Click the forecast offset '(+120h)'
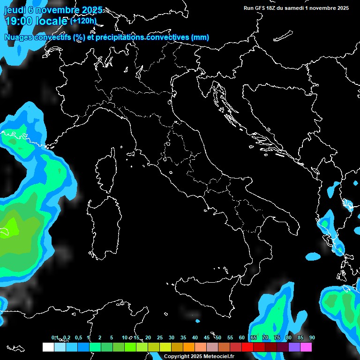(83, 21)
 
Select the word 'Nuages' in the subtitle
(19, 37)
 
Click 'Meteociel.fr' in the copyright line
(217, 357)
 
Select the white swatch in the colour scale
(48, 347)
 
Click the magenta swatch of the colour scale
(306, 347)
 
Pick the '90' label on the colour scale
(312, 338)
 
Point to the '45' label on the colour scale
(207, 338)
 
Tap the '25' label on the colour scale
(160, 338)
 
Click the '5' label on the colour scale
(112, 338)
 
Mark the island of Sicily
(206, 293)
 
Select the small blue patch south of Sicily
(197, 321)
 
